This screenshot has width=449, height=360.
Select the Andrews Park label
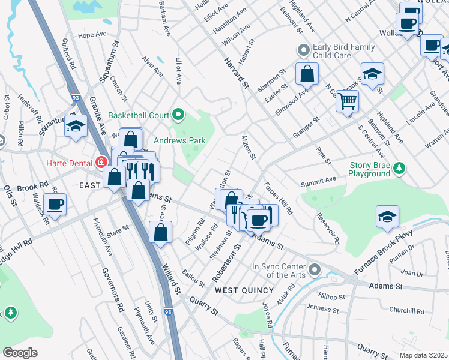179,141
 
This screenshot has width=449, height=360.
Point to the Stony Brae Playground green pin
399,167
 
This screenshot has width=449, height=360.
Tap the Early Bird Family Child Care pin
303,50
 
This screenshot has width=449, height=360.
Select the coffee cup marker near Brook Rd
55,203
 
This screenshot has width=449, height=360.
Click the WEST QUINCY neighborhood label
240,290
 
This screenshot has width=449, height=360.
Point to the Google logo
20,353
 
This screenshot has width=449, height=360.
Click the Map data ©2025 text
423,355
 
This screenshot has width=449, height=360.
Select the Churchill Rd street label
406,311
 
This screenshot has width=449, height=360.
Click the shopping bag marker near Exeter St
307,73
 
